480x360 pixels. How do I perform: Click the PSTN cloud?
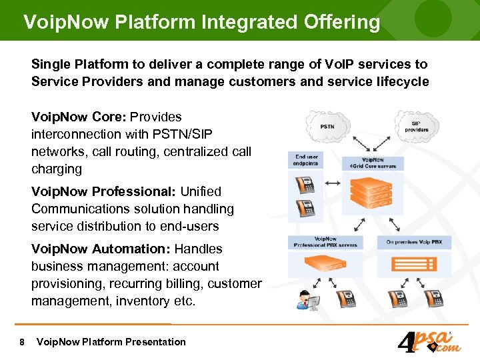click(x=327, y=126)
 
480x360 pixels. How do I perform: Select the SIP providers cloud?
click(x=416, y=125)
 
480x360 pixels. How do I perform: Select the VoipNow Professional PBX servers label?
click(x=325, y=242)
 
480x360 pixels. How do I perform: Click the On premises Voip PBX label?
click(x=414, y=242)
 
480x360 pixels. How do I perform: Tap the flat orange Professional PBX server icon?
click(x=325, y=265)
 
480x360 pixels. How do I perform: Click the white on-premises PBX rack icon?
click(x=413, y=266)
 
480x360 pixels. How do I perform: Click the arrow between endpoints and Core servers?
click(x=333, y=181)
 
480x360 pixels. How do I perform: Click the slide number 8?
click(x=23, y=342)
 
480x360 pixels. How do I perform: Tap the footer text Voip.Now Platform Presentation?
click(x=111, y=342)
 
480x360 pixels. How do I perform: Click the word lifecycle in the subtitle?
click(x=403, y=81)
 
